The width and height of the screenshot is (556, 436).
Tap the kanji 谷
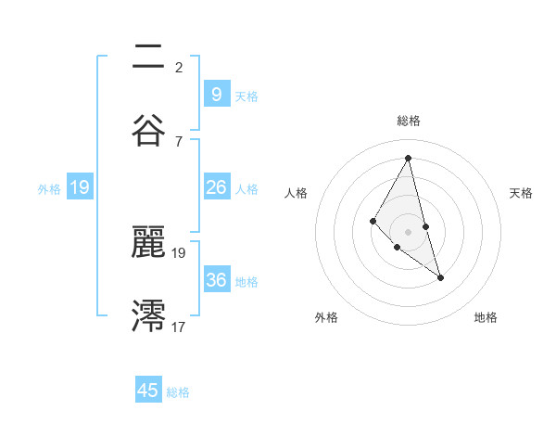[148, 130]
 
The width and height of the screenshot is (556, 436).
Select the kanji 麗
[148, 243]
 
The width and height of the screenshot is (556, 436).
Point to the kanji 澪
[148, 316]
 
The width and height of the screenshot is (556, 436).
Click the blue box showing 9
[216, 94]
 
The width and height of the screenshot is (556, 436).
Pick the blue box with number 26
[216, 187]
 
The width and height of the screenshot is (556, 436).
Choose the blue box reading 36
[216, 280]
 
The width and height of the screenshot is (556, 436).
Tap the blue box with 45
[148, 391]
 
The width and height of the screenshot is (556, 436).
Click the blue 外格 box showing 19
[80, 187]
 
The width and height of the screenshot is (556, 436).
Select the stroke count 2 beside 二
[179, 67]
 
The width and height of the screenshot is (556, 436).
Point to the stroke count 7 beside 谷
[179, 141]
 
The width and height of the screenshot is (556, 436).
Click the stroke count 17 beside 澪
[179, 327]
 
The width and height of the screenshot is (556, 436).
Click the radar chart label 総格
[408, 121]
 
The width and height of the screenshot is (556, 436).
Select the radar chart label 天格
[521, 193]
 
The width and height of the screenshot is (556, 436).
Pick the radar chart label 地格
[486, 317]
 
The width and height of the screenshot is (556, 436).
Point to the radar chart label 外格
[326, 317]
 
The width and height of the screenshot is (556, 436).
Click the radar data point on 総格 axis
[408, 158]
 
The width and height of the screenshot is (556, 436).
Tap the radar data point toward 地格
[440, 276]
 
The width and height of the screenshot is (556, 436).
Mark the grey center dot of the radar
[408, 231]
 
